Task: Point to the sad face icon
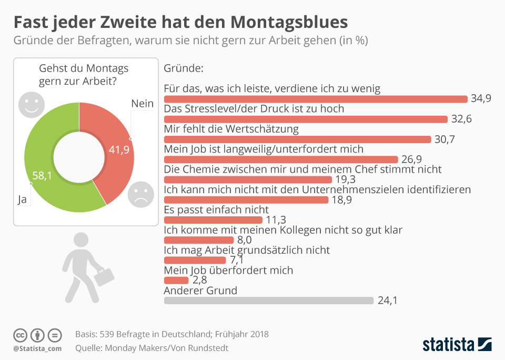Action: click(x=140, y=194)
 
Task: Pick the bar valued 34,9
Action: click(x=316, y=99)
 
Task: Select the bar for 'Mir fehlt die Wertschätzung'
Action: click(x=298, y=139)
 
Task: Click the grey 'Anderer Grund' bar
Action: click(x=268, y=301)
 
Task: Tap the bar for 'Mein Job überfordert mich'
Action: click(x=176, y=280)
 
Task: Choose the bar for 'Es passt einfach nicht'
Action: click(x=213, y=220)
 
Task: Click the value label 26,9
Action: click(x=412, y=159)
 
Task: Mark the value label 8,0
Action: click(x=245, y=240)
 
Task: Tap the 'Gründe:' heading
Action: click(x=184, y=68)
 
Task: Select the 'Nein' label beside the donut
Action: click(x=142, y=103)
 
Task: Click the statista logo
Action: click(x=457, y=344)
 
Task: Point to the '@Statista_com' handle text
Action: click(x=37, y=348)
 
